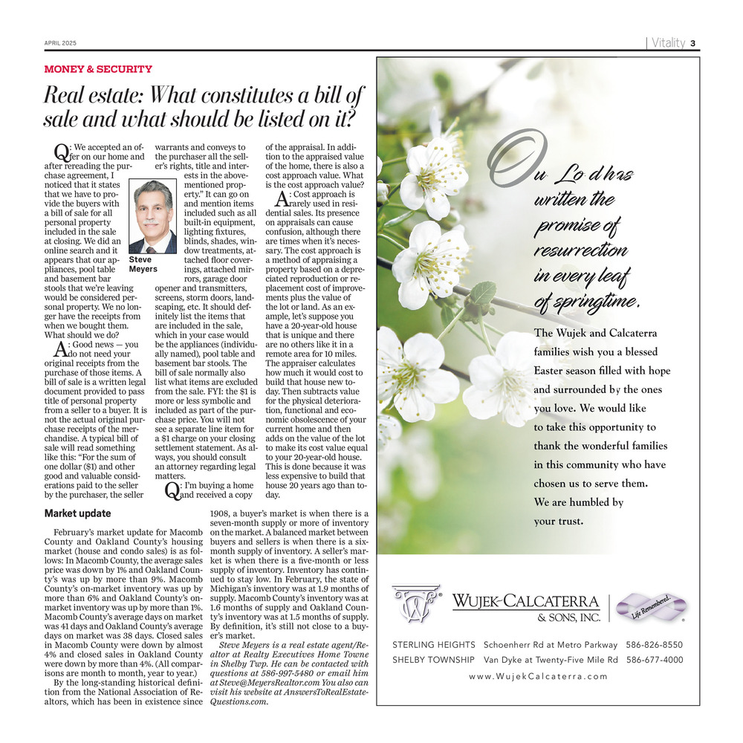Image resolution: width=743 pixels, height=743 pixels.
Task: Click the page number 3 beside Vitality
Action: (x=692, y=42)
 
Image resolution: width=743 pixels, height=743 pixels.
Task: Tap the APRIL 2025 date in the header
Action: (x=59, y=43)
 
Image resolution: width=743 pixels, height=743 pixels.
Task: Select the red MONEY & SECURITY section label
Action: (x=98, y=69)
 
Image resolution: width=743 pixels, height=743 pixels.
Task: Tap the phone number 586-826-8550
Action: (x=655, y=644)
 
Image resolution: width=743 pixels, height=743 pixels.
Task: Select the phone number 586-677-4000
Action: (x=655, y=660)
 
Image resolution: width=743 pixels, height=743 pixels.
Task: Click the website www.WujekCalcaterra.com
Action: (x=538, y=676)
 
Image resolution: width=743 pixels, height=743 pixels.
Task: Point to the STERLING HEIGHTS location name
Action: (x=433, y=644)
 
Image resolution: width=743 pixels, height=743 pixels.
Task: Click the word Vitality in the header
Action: (x=668, y=42)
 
